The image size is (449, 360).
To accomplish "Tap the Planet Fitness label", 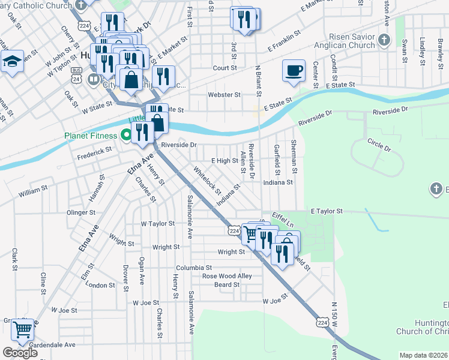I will pyautogui.click(x=91, y=135).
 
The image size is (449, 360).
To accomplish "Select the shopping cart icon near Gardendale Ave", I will pyautogui.click(x=22, y=329).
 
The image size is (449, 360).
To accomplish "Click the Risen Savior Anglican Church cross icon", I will pyautogui.click(x=385, y=41).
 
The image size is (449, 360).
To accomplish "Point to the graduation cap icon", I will pyautogui.click(x=12, y=62).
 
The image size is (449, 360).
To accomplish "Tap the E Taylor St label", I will pyautogui.click(x=326, y=211).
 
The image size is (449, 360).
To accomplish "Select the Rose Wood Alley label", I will pyautogui.click(x=226, y=276).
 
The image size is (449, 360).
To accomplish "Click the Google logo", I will pyautogui.click(x=20, y=353).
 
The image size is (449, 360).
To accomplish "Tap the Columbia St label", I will pyautogui.click(x=194, y=268).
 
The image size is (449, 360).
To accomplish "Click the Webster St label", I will pyautogui.click(x=224, y=95).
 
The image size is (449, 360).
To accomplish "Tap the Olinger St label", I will pyautogui.click(x=81, y=212).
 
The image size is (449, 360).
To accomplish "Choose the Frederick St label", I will pyautogui.click(x=95, y=154).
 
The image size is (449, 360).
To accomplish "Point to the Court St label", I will pyautogui.click(x=224, y=68).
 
